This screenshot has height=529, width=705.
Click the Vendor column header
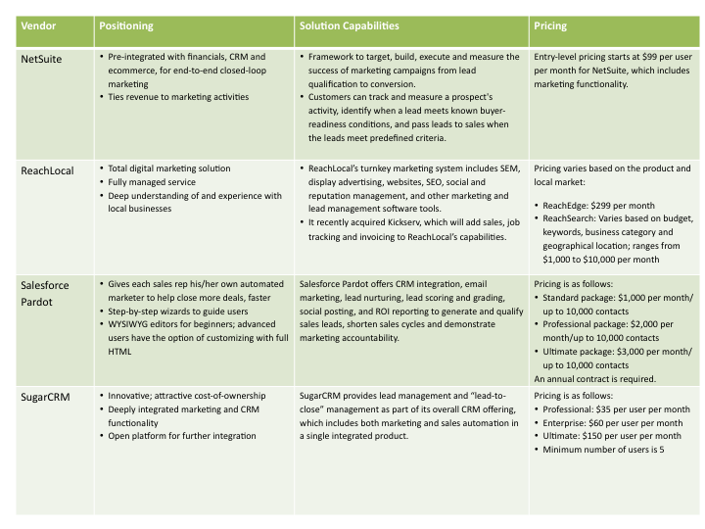point(38,25)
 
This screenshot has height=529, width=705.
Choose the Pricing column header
point(551,25)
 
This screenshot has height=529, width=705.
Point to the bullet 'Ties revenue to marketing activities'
point(179,97)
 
